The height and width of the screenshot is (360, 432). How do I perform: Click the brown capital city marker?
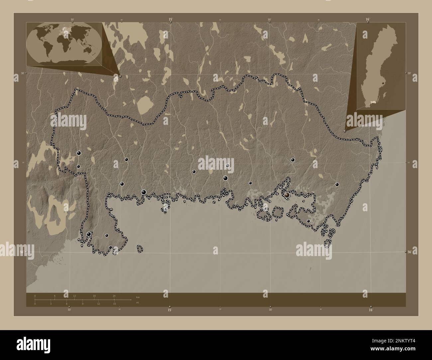[x=287, y=195]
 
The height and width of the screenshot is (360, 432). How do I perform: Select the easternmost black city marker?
[x=337, y=184]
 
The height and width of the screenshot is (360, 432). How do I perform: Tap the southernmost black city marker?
[x=110, y=247]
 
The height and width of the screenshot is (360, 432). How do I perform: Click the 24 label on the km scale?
[x=114, y=296]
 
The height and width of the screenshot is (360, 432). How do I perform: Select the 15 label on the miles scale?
[x=114, y=304]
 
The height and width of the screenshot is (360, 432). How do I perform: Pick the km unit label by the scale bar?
[x=138, y=297]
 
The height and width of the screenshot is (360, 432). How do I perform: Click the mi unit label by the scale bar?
[x=137, y=303]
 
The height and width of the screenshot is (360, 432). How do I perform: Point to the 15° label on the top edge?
[x=170, y=20]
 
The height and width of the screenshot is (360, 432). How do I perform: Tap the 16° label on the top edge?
[x=368, y=20]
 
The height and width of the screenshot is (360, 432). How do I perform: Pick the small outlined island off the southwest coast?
[x=140, y=248]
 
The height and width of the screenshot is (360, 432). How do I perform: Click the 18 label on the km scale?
[x=94, y=296]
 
